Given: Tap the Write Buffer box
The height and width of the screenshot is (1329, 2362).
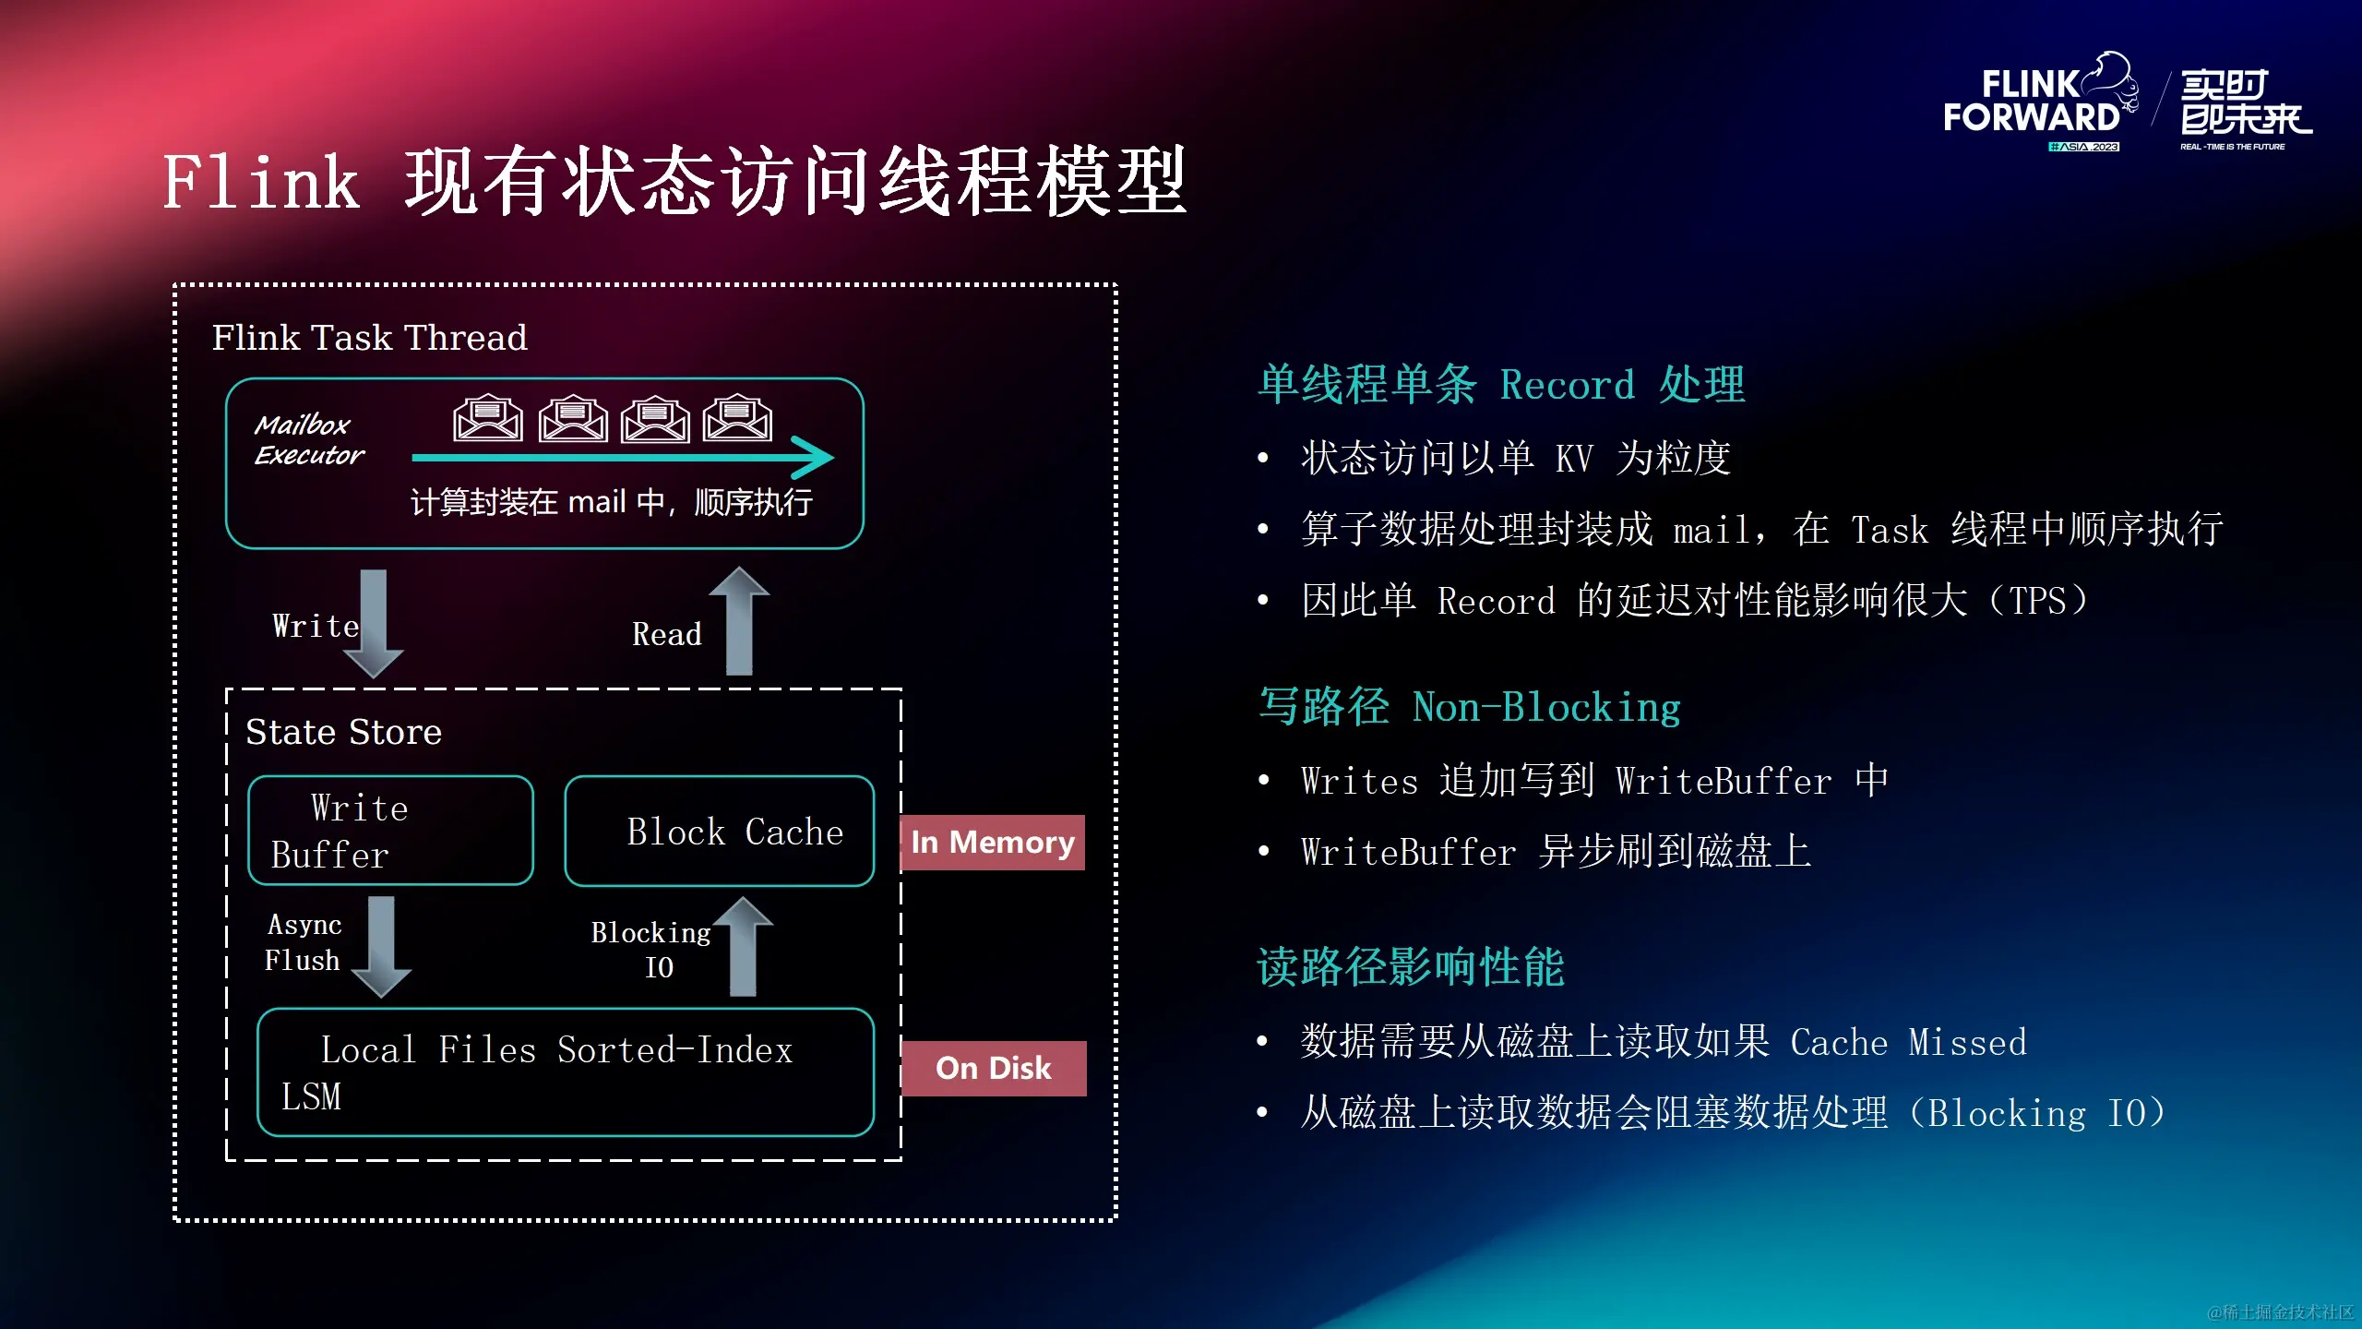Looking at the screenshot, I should click(390, 831).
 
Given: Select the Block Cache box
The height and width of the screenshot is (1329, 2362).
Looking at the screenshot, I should click(719, 831).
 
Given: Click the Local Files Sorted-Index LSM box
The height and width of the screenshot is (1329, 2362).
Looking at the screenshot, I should click(565, 1072).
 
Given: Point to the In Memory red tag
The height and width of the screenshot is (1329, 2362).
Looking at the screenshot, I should click(993, 843).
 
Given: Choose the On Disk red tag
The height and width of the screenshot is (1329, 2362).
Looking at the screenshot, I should click(994, 1069).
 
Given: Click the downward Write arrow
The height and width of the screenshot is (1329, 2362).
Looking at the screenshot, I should click(374, 623).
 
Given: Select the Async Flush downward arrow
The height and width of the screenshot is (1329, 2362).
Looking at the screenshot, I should click(381, 946).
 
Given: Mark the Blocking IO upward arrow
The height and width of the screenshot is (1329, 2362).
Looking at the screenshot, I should click(743, 946).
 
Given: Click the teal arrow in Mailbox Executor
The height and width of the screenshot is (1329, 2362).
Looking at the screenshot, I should click(623, 457).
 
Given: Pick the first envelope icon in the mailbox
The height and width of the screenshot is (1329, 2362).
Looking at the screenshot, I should click(488, 419).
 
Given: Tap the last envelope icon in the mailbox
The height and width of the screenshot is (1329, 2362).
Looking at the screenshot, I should click(737, 419).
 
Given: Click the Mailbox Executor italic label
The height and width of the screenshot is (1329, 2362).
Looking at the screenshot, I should click(309, 440).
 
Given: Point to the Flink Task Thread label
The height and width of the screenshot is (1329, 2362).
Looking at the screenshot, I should click(369, 338).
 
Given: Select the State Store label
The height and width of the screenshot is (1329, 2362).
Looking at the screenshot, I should click(343, 733).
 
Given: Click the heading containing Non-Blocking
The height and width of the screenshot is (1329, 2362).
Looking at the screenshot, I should click(1469, 708).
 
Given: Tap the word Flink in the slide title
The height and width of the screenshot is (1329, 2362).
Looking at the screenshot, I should click(261, 183).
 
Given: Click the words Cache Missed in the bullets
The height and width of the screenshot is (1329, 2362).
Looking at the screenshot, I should click(1908, 1042).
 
